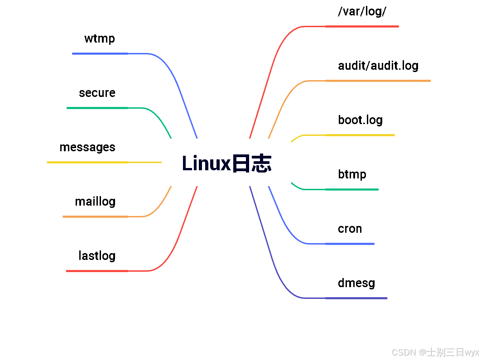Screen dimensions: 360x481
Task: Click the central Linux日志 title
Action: [226, 163]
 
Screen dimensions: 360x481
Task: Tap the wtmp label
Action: [100, 38]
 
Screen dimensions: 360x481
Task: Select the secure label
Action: [97, 93]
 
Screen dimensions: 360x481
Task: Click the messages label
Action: [87, 147]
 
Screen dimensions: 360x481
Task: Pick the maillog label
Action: [95, 202]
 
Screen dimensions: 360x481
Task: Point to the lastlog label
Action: [97, 256]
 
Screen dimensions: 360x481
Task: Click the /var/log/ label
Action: [362, 11]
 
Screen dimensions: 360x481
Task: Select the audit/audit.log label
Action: [378, 66]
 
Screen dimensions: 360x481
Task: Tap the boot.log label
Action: [360, 120]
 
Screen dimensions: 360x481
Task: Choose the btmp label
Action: [352, 174]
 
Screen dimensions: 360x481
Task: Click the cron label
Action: [350, 229]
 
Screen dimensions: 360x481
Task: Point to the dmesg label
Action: [356, 283]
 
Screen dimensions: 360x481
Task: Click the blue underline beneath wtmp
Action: [100, 53]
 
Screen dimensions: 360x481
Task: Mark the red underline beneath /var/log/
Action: [362, 26]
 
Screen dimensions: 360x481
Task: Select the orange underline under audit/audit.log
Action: [378, 81]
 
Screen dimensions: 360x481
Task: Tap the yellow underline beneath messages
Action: [87, 162]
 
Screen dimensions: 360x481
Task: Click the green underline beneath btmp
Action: [352, 189]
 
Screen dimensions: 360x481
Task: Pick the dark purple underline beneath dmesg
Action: [356, 298]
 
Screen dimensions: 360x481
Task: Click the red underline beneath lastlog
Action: [97, 271]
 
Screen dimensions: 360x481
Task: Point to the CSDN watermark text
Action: [435, 352]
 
